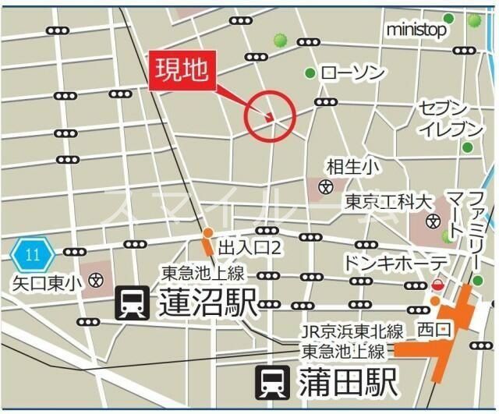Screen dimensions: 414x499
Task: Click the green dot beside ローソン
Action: (310, 73)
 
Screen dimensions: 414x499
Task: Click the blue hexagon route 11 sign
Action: (32, 254)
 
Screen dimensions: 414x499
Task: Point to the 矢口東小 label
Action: (46, 281)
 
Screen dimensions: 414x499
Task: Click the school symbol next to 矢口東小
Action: (96, 280)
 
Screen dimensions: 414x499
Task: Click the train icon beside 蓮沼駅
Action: (132, 303)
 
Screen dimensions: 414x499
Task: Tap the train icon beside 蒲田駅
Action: (274, 383)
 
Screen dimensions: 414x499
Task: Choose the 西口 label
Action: (434, 330)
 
